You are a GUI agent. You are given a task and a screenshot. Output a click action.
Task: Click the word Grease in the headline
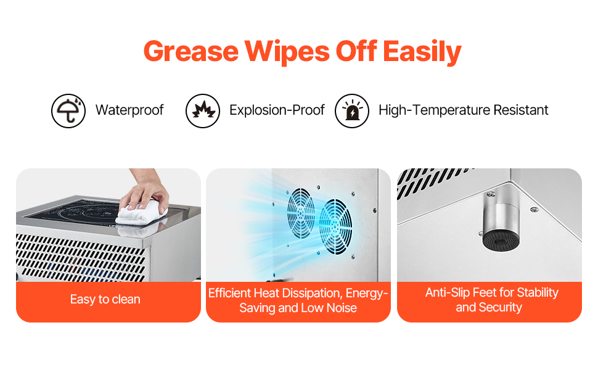pos(191,51)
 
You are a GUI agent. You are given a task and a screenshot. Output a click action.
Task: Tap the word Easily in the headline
pos(422,52)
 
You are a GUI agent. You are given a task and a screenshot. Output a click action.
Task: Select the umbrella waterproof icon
pos(68,110)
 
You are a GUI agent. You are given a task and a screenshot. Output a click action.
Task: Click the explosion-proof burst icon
pos(202,110)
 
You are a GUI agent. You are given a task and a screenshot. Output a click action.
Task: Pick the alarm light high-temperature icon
pos(351,110)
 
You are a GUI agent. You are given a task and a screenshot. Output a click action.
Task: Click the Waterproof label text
pos(129,110)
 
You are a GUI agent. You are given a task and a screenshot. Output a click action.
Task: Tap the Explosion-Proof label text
pos(277,110)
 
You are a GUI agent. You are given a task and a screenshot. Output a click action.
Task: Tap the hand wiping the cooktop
pos(147,191)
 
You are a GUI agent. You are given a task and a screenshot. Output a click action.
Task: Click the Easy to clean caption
pos(105,300)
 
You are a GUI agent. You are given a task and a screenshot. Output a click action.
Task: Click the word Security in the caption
pos(501,308)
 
